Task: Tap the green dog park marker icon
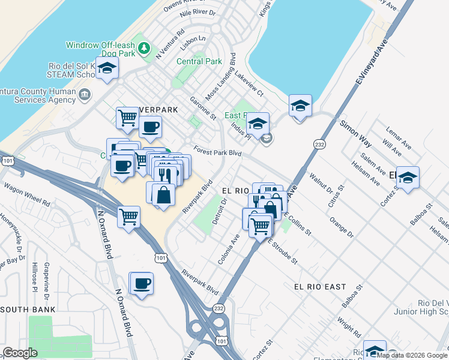click(144, 49)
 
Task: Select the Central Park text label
click(199, 61)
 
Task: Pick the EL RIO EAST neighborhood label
click(320, 287)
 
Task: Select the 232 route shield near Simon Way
click(319, 144)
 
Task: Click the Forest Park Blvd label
click(217, 152)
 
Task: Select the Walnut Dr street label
click(321, 185)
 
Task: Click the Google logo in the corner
click(20, 353)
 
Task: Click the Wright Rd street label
click(349, 328)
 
